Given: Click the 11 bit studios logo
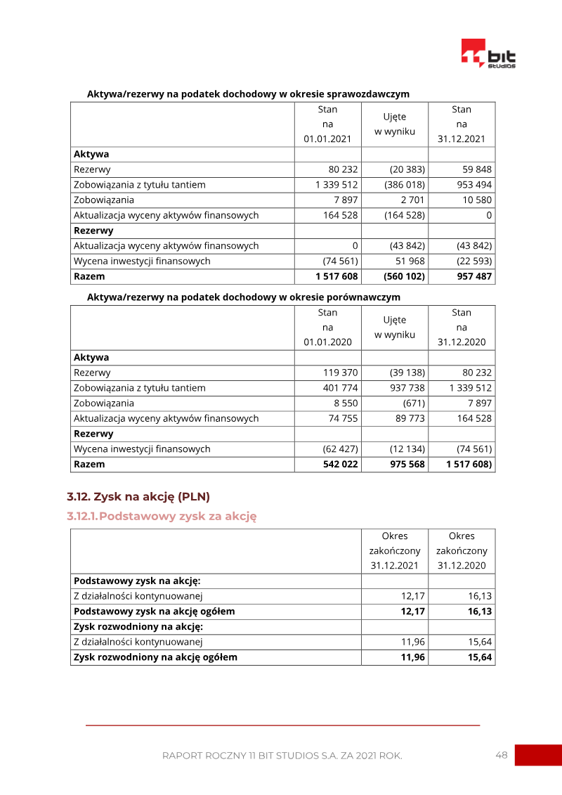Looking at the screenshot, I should click(x=488, y=54).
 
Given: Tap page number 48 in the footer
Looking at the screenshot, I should click(x=502, y=755).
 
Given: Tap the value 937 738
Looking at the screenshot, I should click(x=407, y=388).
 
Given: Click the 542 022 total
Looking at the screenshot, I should click(x=340, y=464).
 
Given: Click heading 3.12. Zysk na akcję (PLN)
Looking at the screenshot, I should click(x=138, y=497).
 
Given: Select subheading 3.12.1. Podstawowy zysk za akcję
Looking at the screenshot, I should click(x=162, y=517).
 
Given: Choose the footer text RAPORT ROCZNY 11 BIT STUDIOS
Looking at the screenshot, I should click(x=282, y=756).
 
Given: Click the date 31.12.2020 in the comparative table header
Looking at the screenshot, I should click(x=462, y=342).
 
